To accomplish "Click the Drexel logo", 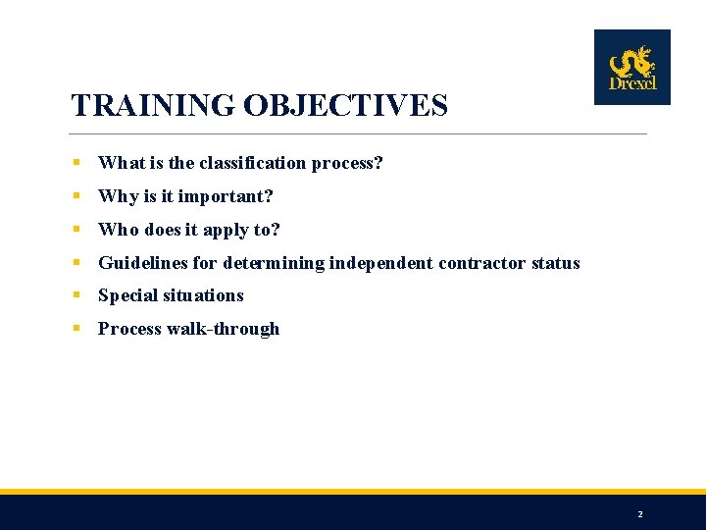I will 631,67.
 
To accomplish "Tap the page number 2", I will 640,514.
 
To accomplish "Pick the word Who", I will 119,230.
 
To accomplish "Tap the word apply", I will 227,230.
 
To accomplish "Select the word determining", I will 274,263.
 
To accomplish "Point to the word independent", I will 381,263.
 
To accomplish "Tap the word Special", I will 128,295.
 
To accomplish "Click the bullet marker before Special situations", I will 76,295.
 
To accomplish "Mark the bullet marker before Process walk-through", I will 76,329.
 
